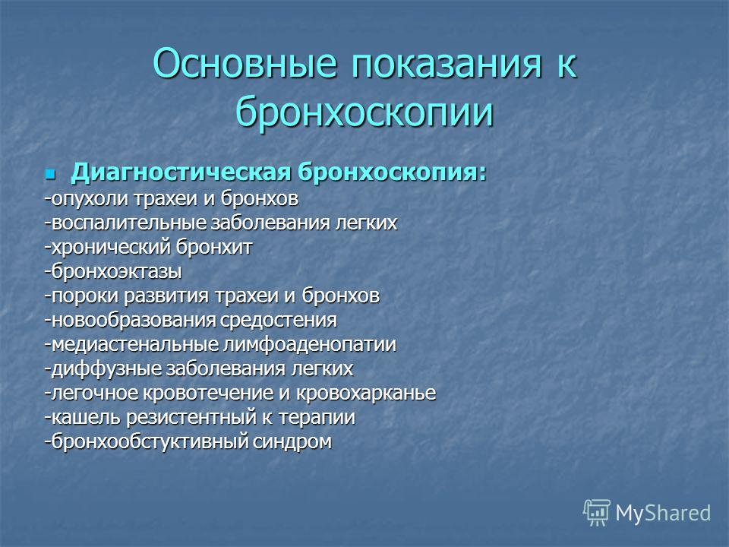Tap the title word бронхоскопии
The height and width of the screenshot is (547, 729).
(x=364, y=112)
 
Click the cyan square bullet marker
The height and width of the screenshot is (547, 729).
(x=50, y=175)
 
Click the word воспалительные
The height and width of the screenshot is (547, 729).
(x=129, y=223)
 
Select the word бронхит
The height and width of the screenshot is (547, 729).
(x=207, y=246)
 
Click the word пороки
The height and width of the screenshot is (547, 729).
(x=85, y=296)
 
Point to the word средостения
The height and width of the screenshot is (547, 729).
(x=279, y=321)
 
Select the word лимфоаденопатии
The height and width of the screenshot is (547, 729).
(x=310, y=345)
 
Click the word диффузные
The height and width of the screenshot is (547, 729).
(x=106, y=369)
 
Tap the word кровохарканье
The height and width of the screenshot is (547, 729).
(x=366, y=393)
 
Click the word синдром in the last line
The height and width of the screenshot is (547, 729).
(x=292, y=441)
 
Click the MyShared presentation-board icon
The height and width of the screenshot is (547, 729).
(x=597, y=513)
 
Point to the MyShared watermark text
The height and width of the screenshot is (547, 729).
(x=663, y=514)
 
